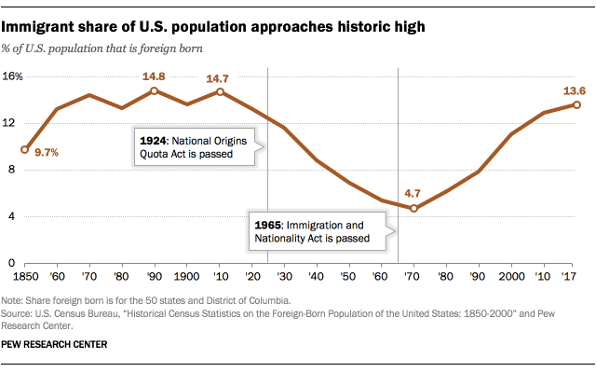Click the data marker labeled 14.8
[x=155, y=90]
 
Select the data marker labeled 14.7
[x=220, y=91]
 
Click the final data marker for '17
[x=576, y=104]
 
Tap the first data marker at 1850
[x=25, y=149]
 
